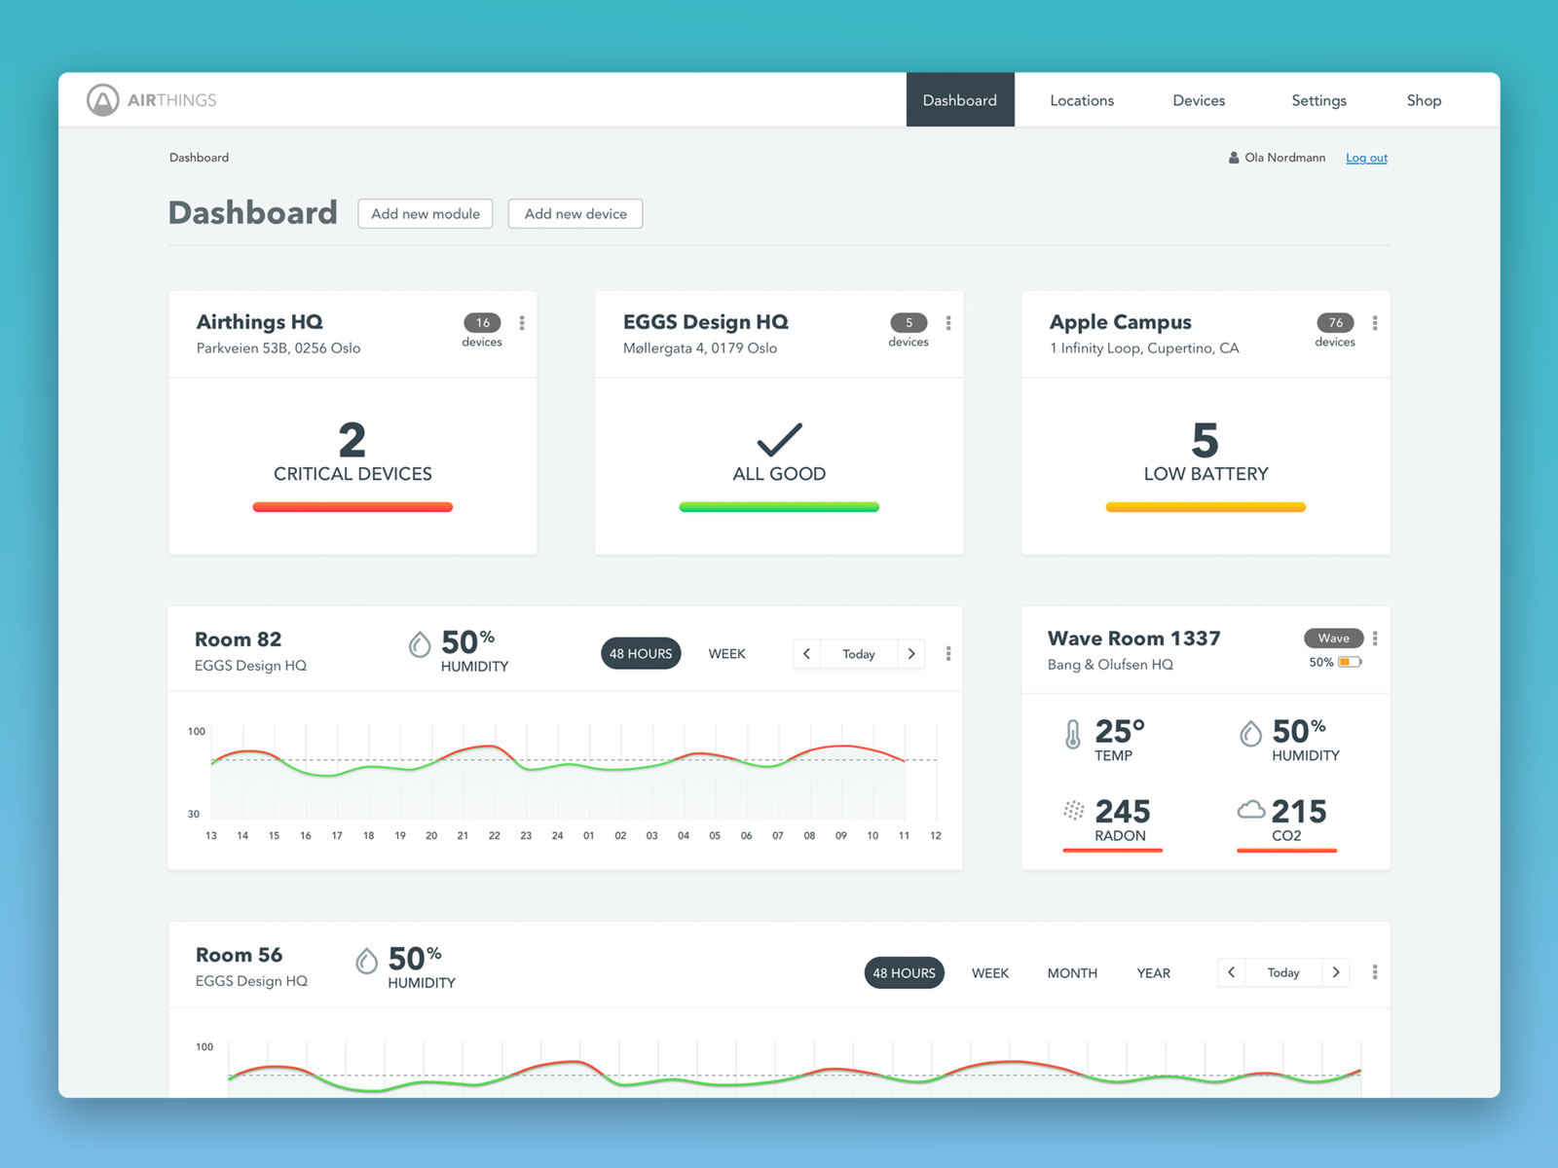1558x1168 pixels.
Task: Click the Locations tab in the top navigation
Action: [1081, 100]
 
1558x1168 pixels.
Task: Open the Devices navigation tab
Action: [1199, 100]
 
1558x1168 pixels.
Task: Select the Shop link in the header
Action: [1424, 100]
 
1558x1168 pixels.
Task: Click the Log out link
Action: [1366, 158]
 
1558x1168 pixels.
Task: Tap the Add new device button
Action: [575, 214]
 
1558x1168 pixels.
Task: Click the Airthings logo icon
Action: [103, 99]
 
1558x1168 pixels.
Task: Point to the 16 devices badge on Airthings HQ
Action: [482, 323]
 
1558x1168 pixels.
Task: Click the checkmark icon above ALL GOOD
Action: [779, 440]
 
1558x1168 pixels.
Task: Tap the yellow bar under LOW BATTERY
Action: [1206, 507]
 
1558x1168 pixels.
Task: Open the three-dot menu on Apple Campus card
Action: [1375, 323]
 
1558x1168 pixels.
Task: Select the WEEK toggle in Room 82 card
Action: [726, 654]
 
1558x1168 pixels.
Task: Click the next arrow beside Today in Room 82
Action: [911, 654]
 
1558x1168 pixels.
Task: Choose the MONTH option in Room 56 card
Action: [1072, 973]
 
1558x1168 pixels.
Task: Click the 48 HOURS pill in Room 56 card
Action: [904, 973]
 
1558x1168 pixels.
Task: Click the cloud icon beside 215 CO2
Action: [1251, 810]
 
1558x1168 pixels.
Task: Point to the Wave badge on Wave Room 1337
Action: [1333, 639]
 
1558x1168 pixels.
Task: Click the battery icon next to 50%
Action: [1350, 663]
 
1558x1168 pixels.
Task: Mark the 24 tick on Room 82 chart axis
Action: [557, 836]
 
